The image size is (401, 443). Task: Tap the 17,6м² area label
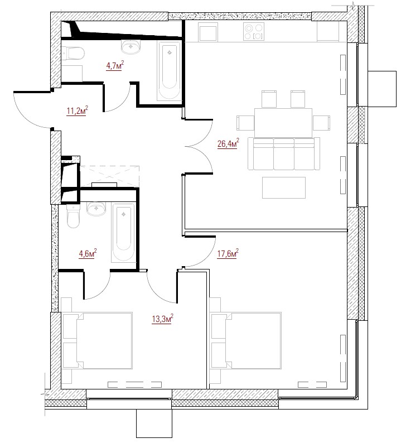(x=228, y=253)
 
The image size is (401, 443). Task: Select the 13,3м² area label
(x=162, y=319)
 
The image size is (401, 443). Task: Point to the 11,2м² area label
(x=78, y=110)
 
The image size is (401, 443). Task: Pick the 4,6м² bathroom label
(x=88, y=253)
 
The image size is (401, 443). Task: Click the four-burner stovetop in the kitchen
(x=254, y=31)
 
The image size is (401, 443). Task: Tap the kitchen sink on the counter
(x=208, y=32)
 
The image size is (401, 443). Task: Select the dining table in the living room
(x=283, y=123)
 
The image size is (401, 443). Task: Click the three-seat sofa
(x=284, y=153)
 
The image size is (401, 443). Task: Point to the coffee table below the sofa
(x=284, y=187)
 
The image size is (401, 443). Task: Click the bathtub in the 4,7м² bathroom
(x=169, y=71)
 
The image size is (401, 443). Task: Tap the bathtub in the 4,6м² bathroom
(x=123, y=233)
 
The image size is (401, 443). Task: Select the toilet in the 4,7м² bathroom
(x=73, y=53)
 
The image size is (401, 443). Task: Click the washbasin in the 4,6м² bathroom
(x=96, y=209)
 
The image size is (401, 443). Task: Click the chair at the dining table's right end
(x=321, y=123)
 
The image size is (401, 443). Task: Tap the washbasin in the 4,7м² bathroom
(x=131, y=47)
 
